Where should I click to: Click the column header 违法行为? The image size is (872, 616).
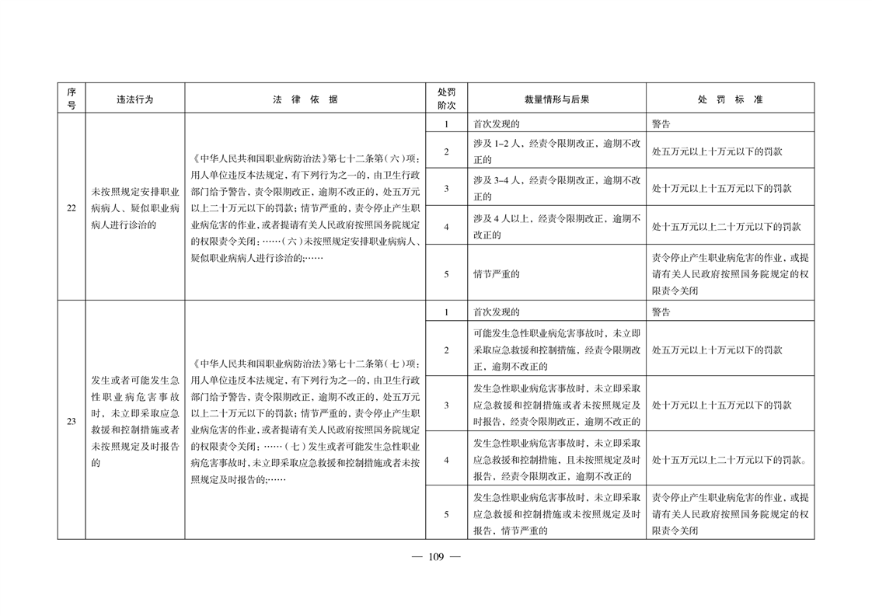click(134, 99)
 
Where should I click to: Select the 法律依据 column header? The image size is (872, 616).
click(305, 99)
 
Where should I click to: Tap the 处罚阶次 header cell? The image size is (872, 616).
click(446, 99)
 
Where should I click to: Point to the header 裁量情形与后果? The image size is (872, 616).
click(556, 99)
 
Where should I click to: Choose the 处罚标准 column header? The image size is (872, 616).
click(730, 99)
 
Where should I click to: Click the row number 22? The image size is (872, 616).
click(71, 207)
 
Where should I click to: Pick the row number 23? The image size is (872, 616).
click(71, 421)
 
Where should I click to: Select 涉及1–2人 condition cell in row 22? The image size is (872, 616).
click(556, 151)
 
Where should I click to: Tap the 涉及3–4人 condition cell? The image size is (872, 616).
click(556, 188)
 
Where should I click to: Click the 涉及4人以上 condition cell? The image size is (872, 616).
click(556, 227)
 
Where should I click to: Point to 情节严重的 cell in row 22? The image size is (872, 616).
click(556, 273)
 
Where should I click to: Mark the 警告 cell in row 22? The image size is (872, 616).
click(730, 124)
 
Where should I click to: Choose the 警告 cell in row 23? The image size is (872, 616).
click(730, 312)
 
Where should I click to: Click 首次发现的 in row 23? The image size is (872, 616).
click(556, 312)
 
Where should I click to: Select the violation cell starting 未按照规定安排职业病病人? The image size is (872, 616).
click(134, 208)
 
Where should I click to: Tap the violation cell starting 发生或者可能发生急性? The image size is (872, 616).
click(134, 421)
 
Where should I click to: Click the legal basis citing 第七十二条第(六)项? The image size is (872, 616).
click(305, 208)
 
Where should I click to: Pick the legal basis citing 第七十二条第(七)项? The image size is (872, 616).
click(305, 421)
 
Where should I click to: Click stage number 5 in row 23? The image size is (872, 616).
click(446, 513)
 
